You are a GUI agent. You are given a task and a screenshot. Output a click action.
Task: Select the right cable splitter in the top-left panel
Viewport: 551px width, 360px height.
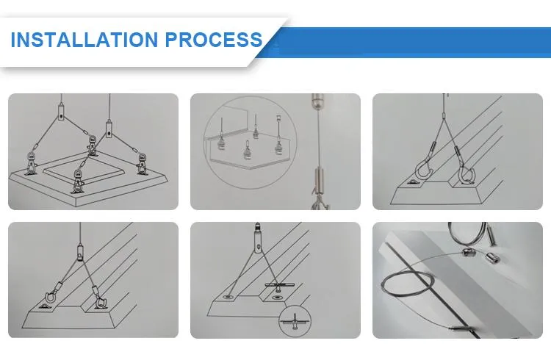[110, 131]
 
